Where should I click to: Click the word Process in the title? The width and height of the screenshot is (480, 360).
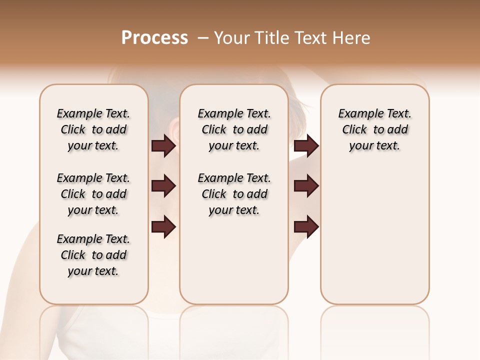(x=154, y=38)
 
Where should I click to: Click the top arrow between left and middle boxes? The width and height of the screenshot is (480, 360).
(x=163, y=145)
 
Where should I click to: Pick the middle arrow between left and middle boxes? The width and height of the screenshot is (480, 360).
(x=163, y=186)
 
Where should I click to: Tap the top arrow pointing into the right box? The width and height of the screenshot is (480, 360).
(x=306, y=145)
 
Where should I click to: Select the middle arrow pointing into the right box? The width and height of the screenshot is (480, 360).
(x=306, y=186)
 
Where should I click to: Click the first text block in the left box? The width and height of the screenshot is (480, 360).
(x=93, y=129)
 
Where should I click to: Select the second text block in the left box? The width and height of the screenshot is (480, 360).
(x=93, y=194)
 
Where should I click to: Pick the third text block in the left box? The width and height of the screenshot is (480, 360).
(x=93, y=255)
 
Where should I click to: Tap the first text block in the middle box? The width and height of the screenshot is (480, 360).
(x=234, y=129)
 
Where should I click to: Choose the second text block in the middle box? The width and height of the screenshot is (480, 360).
(x=234, y=194)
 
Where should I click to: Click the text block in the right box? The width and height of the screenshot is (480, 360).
(x=374, y=129)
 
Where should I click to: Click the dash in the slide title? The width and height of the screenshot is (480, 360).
(x=203, y=38)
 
